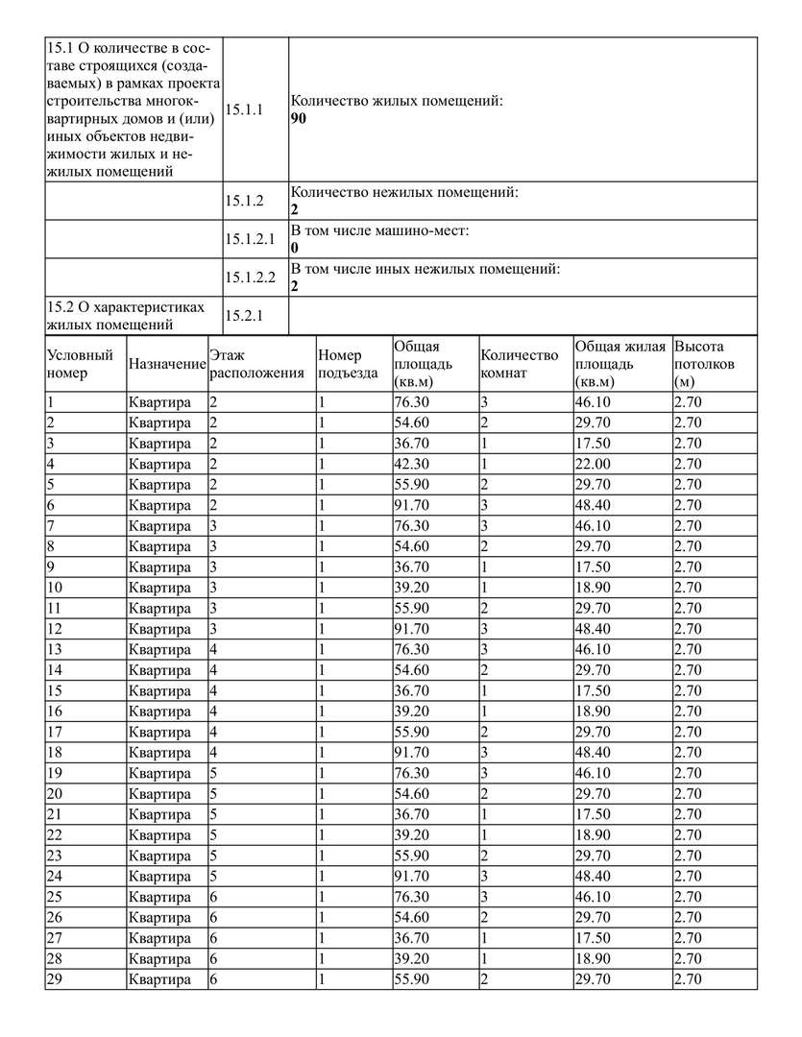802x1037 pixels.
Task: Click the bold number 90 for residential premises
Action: tap(299, 120)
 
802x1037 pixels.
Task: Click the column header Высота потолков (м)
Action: tap(704, 364)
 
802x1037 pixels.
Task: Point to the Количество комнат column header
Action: tap(519, 364)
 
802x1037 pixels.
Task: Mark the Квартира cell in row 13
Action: tap(159, 650)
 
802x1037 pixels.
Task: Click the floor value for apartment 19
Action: tap(214, 774)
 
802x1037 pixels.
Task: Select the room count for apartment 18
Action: tap(485, 753)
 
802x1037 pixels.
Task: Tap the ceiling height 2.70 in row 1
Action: tap(688, 402)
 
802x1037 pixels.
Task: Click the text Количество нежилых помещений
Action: tap(404, 193)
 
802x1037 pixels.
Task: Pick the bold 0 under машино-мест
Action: tap(295, 248)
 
